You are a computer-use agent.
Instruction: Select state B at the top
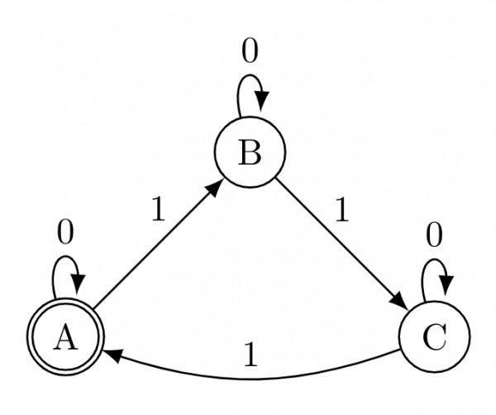(x=250, y=153)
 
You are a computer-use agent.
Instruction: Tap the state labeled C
(x=434, y=339)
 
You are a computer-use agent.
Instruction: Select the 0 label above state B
(x=250, y=51)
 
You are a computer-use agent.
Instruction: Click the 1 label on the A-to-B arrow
(x=158, y=210)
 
